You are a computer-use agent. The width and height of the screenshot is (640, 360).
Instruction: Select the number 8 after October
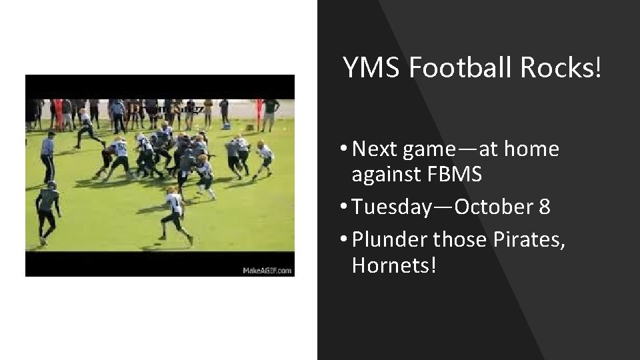(x=544, y=207)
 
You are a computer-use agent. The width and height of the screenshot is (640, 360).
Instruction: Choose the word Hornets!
(x=394, y=265)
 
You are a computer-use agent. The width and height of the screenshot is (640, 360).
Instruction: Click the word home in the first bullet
(x=531, y=149)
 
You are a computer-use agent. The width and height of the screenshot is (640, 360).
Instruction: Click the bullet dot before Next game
(x=343, y=149)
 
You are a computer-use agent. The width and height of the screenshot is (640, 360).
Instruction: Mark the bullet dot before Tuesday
(x=343, y=207)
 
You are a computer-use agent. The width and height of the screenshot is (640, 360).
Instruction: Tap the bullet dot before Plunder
(x=343, y=239)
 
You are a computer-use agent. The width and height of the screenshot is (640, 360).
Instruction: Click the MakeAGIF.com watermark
(x=267, y=270)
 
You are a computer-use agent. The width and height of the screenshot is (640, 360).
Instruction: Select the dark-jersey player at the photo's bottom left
(x=47, y=210)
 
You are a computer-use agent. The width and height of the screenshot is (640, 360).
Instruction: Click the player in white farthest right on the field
(x=265, y=159)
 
